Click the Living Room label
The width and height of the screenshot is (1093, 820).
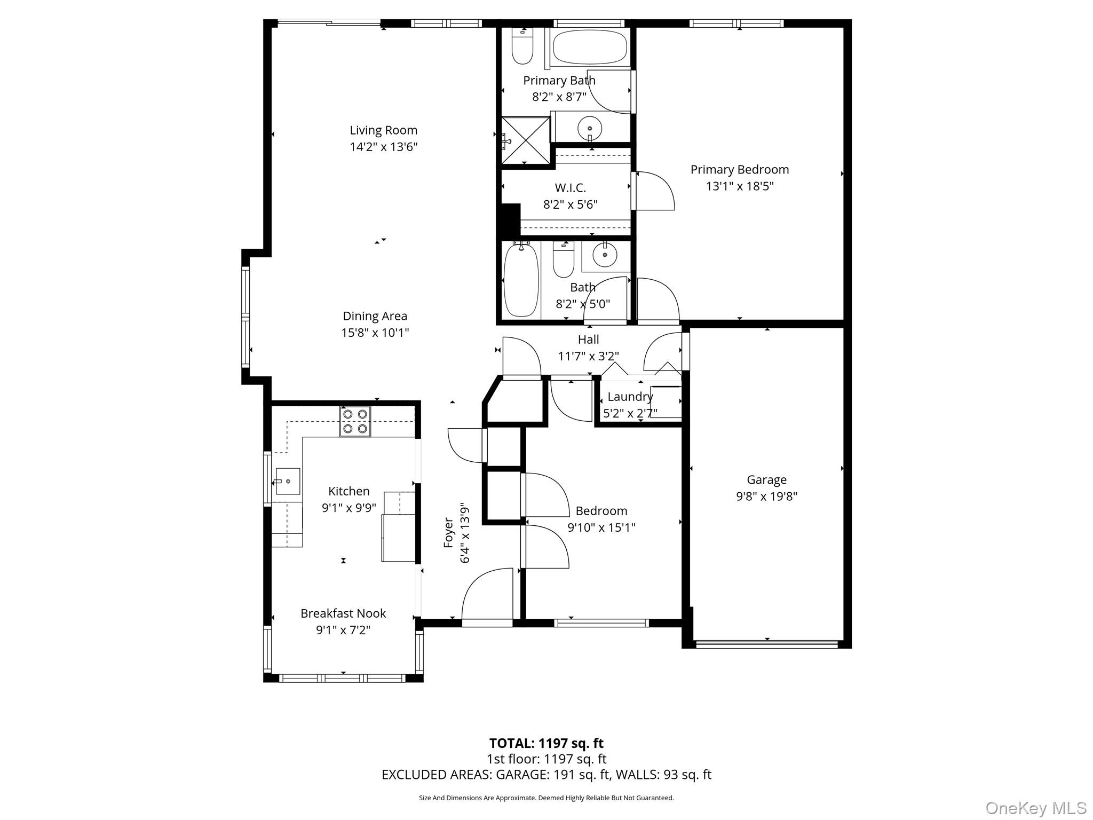coord(383,130)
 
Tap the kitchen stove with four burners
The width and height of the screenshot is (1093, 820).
coord(355,421)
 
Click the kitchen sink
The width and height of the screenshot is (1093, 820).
coord(287,481)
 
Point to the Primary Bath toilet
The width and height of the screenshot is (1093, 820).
coord(522,48)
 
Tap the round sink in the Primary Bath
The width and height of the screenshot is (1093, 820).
coord(590,129)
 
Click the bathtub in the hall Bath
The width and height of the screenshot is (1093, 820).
coord(521,280)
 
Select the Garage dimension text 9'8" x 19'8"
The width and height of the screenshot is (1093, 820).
coord(766,496)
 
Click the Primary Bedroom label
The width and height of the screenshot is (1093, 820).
coord(739,170)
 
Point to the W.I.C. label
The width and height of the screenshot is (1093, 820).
coord(570,188)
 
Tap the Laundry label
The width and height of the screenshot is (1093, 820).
coord(630,397)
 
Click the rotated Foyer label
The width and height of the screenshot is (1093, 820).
coord(449,532)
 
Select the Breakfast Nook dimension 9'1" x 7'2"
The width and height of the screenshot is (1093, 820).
coord(343,630)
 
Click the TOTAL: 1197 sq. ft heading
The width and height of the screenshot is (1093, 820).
coord(546,743)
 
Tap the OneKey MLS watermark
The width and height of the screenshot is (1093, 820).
coord(1035,808)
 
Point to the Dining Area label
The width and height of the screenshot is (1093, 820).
coord(375,316)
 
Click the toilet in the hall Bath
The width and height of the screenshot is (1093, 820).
coord(563,260)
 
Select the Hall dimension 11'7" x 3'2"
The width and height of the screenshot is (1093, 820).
coord(588,356)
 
